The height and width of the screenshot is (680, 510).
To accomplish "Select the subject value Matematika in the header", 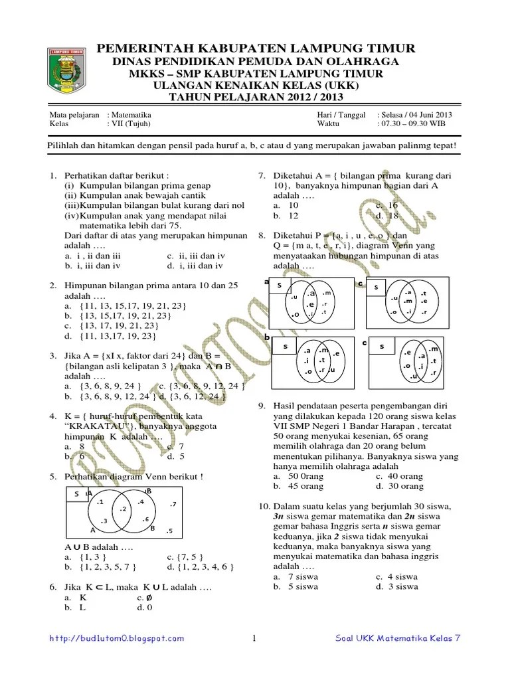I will point(132,114).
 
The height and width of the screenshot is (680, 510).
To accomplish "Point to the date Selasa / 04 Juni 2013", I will point(414,114).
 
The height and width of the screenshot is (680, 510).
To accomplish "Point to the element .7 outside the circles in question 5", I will point(172,505).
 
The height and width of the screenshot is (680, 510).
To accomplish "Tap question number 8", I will point(262,235).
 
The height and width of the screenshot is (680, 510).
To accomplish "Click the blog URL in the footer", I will point(118,638).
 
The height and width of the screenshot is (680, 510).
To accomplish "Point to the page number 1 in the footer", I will point(254,639).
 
